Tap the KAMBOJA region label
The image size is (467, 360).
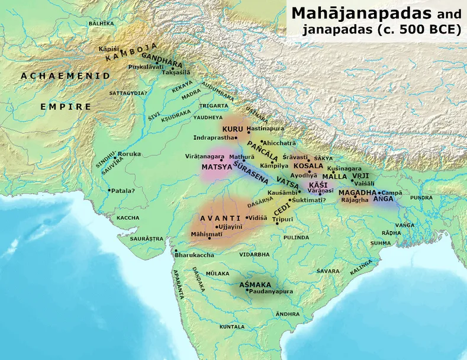[131, 52]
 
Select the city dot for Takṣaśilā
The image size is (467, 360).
[173, 67]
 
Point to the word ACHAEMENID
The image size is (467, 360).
[65, 76]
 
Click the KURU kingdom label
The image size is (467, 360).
[233, 128]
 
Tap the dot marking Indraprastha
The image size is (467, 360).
[236, 137]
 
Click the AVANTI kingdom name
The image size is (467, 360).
[220, 218]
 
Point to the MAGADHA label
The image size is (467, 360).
[358, 193]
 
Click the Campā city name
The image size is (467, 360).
[392, 193]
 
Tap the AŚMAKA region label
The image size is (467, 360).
[255, 285]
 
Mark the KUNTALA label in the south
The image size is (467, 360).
[232, 326]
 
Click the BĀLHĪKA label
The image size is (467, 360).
[101, 23]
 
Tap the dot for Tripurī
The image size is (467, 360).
[276, 223]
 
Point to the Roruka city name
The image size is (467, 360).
[130, 154]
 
